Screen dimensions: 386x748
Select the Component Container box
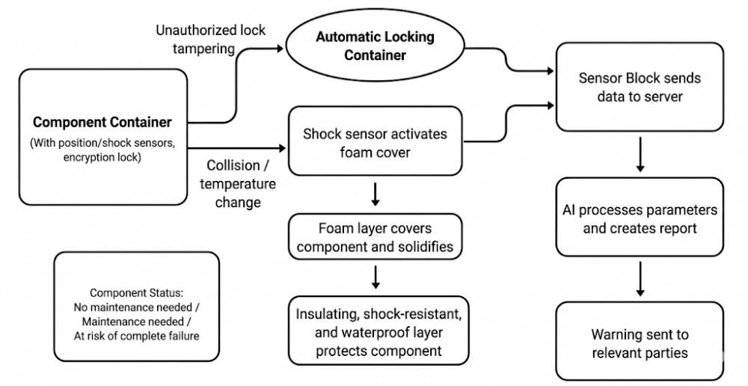pyautogui.click(x=102, y=136)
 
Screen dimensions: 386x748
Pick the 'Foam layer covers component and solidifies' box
pyautogui.click(x=375, y=237)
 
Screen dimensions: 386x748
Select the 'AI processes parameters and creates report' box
pyautogui.click(x=640, y=218)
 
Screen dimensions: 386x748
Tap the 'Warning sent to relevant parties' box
pyautogui.click(x=640, y=343)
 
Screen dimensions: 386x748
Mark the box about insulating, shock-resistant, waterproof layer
pyautogui.click(x=378, y=330)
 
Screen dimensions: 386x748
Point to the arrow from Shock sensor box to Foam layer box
pyautogui.click(x=376, y=195)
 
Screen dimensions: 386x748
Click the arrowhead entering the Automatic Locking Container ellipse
pyautogui.click(x=280, y=49)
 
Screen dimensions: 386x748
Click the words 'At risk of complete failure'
pyautogui.click(x=136, y=336)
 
